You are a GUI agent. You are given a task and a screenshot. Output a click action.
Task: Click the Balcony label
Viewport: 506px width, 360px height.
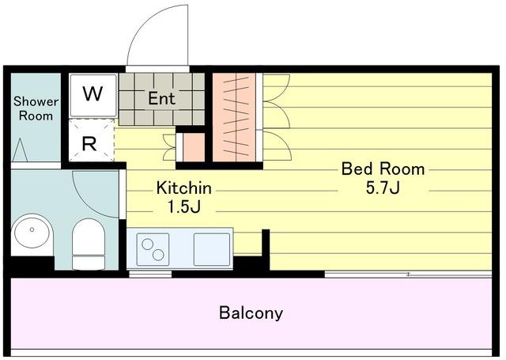click(251, 313)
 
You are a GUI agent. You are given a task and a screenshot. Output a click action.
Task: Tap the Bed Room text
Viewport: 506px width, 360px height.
click(383, 169)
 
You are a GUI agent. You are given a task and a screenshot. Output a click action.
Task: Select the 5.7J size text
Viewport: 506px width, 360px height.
click(383, 188)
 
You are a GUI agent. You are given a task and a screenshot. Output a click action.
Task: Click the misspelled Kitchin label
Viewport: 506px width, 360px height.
click(184, 188)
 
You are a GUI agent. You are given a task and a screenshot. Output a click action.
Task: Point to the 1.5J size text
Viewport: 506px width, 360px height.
click(184, 207)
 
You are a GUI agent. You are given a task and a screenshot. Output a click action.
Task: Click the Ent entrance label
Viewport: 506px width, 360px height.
click(161, 98)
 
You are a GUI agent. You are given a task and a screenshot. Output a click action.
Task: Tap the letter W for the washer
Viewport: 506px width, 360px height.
click(93, 93)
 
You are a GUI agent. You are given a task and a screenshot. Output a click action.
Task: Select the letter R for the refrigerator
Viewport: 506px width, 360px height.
click(89, 144)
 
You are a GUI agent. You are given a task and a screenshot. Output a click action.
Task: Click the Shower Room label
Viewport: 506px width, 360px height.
click(36, 108)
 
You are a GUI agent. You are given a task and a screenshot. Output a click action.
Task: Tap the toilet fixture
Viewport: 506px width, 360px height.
click(89, 244)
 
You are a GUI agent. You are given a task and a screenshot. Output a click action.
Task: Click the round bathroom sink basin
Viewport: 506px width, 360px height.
click(32, 230)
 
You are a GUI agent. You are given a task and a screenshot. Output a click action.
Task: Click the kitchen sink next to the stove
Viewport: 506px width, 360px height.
click(212, 249)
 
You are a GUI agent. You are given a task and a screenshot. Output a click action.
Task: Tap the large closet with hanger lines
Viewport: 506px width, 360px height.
click(234, 117)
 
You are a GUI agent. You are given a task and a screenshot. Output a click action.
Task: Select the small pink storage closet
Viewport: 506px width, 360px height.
click(194, 147)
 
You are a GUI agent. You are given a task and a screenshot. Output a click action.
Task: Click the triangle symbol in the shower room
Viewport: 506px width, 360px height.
click(20, 150)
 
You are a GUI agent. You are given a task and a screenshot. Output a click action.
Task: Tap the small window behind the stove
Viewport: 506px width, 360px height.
click(150, 275)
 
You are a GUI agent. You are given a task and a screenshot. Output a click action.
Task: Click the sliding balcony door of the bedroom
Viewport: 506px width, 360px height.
click(408, 275)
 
